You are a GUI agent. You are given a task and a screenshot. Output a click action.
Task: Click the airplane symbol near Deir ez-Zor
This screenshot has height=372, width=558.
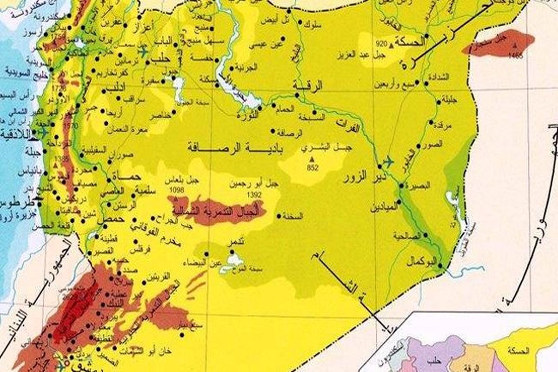(387, 162)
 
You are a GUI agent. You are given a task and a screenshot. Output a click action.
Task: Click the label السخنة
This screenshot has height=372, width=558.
(296, 216)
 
